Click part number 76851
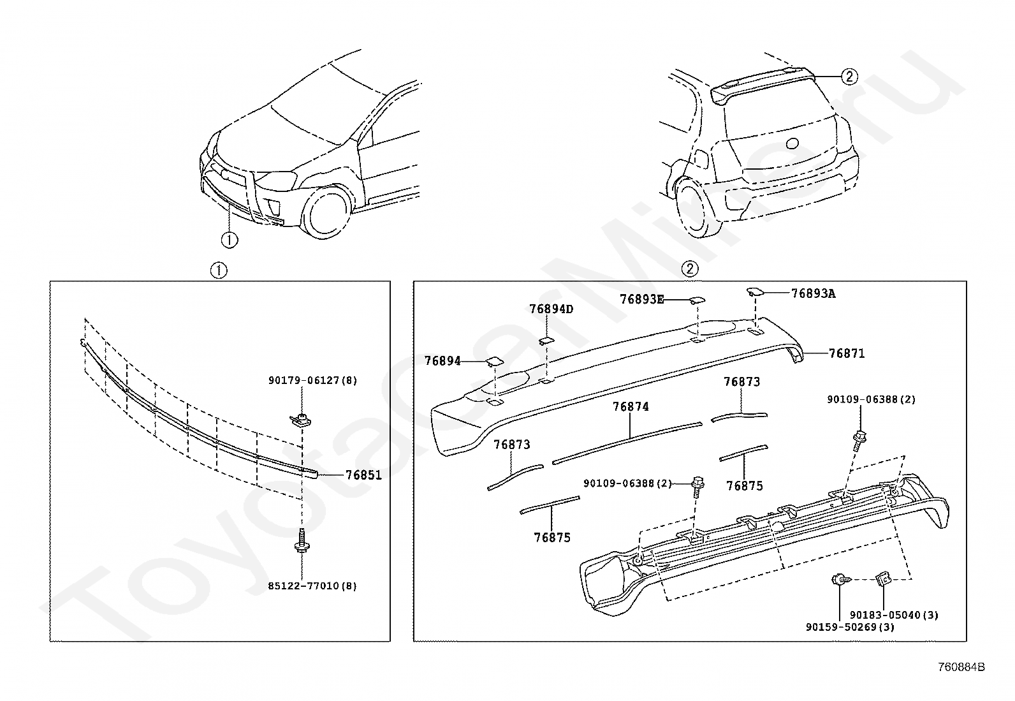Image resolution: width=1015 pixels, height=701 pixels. click(x=363, y=475)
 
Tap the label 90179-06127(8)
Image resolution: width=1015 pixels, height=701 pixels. click(x=312, y=380)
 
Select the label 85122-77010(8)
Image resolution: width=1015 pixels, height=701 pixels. click(x=312, y=586)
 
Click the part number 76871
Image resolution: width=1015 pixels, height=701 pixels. click(x=847, y=353)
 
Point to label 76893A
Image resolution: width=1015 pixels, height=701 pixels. click(x=814, y=294)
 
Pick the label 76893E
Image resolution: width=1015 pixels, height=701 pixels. click(x=642, y=299)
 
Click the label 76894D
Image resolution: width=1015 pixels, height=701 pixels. click(x=551, y=309)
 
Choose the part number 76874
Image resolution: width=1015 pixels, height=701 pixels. click(x=631, y=407)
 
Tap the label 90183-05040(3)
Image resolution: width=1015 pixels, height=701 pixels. click(x=894, y=615)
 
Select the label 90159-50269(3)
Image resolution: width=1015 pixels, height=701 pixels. click(x=850, y=627)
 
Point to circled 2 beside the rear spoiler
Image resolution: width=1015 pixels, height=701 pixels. click(x=849, y=77)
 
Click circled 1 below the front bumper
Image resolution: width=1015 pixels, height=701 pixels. click(x=230, y=240)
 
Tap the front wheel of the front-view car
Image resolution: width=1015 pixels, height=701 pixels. click(x=327, y=212)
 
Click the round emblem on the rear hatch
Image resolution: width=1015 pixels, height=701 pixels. click(x=792, y=144)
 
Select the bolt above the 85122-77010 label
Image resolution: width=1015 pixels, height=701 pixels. click(x=302, y=540)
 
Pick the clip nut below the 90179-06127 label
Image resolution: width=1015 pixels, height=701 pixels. click(x=300, y=420)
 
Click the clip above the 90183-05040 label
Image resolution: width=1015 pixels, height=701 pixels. click(x=881, y=579)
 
